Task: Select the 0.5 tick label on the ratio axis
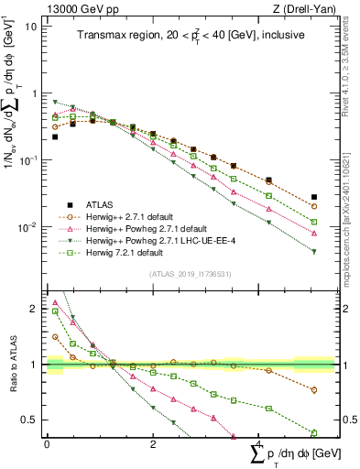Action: pos(29,420)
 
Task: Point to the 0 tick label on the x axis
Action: pos(47,444)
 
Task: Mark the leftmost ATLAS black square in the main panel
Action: pos(55,136)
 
